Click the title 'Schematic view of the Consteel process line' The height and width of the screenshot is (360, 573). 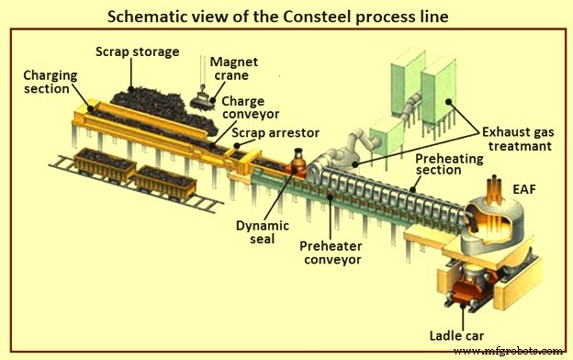pos(286,16)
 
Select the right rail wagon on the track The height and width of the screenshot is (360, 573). pos(165,184)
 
